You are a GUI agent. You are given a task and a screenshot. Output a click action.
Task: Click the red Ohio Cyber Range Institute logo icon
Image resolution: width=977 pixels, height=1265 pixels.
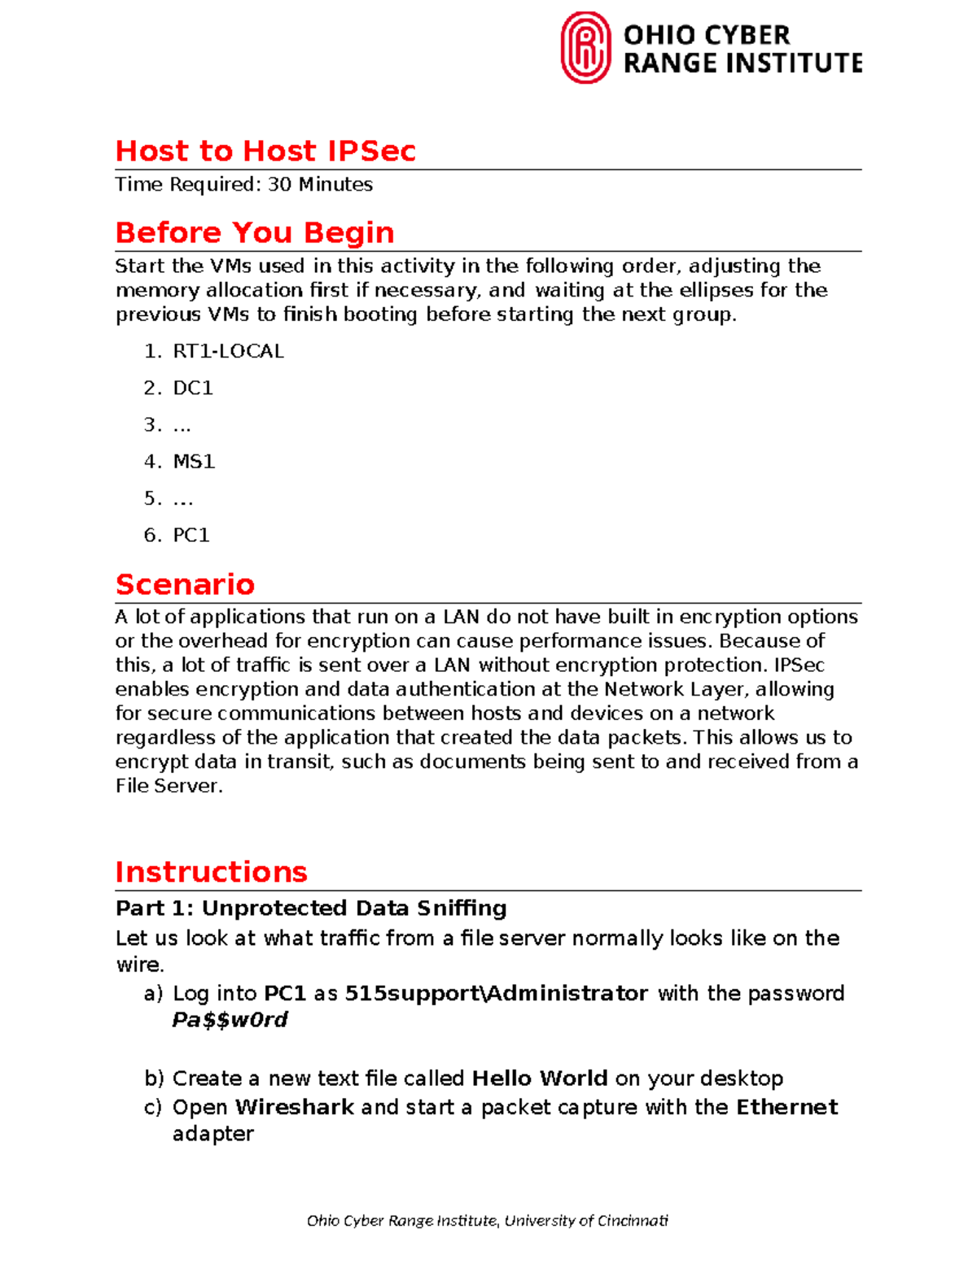[585, 47]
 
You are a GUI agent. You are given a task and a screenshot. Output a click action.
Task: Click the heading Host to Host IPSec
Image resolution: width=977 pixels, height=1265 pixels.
[265, 151]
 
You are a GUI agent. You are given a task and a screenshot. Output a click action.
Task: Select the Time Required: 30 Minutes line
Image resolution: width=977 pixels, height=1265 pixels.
[243, 185]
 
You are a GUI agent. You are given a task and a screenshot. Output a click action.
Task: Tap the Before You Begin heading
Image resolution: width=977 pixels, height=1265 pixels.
[254, 232]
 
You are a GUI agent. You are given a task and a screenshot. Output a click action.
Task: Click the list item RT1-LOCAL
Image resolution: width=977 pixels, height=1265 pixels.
[228, 351]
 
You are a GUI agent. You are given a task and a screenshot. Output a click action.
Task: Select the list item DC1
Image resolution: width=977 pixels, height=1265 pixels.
[193, 388]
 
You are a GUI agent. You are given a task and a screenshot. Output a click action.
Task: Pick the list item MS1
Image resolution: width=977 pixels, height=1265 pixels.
[194, 461]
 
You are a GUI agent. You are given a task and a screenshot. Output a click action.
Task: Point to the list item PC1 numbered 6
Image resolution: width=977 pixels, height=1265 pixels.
[191, 534]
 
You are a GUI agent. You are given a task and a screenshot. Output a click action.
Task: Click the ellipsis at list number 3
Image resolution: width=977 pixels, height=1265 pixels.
[182, 425]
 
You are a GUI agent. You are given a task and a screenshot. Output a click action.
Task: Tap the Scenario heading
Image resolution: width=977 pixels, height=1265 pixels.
[185, 584]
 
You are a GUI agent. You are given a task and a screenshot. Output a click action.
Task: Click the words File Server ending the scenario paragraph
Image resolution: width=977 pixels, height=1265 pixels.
[167, 786]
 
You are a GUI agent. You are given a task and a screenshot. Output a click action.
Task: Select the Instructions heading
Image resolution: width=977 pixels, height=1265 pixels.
[211, 872]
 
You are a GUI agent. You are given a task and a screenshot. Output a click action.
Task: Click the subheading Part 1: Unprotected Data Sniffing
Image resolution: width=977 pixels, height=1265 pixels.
[311, 908]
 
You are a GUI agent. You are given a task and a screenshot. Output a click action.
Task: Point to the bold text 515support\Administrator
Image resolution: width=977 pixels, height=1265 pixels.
[497, 993]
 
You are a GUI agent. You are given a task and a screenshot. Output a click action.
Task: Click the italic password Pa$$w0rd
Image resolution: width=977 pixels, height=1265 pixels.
[230, 1020]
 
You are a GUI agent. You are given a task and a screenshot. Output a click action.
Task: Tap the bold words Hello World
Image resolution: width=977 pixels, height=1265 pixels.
[539, 1078]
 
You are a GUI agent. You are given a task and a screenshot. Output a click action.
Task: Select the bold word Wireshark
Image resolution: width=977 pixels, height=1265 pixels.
[294, 1107]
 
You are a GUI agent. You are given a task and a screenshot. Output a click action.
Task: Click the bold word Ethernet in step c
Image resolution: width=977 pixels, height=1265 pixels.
[786, 1107]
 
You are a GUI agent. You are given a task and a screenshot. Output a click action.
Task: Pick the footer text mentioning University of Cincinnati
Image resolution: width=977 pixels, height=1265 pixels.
[487, 1220]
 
